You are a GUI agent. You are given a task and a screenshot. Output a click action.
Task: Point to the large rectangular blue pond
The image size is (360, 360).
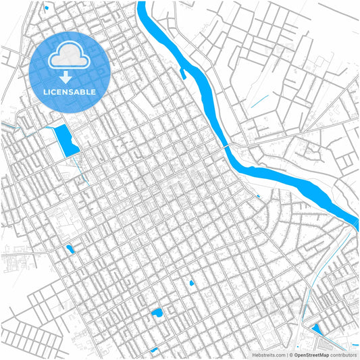pyautogui.click(x=66, y=139)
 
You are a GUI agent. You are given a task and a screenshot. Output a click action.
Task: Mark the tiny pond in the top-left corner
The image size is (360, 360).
pyautogui.click(x=46, y=8)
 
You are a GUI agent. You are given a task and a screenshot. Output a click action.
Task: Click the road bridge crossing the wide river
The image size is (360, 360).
pyautogui.click(x=229, y=147)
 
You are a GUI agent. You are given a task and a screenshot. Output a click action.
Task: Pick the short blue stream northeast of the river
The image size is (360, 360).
pyautogui.click(x=258, y=103)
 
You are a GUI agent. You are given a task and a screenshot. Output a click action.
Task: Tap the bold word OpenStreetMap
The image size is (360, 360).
pyautogui.click(x=311, y=354)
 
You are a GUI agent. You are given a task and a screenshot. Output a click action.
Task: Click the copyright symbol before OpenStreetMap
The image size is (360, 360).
pyautogui.click(x=290, y=354)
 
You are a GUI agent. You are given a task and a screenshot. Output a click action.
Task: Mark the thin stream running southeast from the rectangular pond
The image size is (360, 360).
pyautogui.click(x=83, y=170)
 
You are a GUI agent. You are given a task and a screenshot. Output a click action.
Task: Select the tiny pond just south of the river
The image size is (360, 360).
pyautogui.click(x=258, y=197)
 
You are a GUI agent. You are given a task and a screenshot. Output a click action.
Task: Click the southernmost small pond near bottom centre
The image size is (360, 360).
pyautogui.click(x=155, y=350)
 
